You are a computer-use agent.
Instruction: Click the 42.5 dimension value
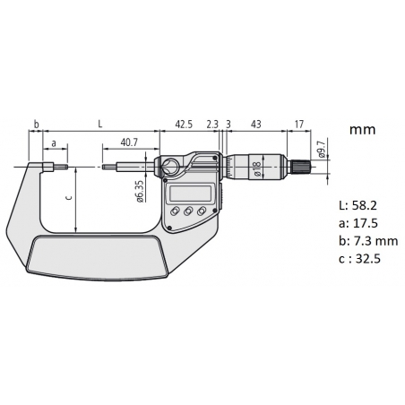[184, 124]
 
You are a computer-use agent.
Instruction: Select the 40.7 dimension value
[129, 142]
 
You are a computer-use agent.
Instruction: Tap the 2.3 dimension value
[212, 124]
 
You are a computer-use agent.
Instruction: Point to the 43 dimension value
[255, 124]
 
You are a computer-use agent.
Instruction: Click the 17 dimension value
[298, 124]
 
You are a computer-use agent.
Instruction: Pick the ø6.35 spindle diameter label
[141, 192]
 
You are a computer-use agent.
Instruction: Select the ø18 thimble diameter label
[257, 168]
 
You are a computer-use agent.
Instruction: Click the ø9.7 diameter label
[322, 150]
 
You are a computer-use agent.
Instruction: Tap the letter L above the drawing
[100, 124]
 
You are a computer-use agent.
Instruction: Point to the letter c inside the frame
[69, 197]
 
